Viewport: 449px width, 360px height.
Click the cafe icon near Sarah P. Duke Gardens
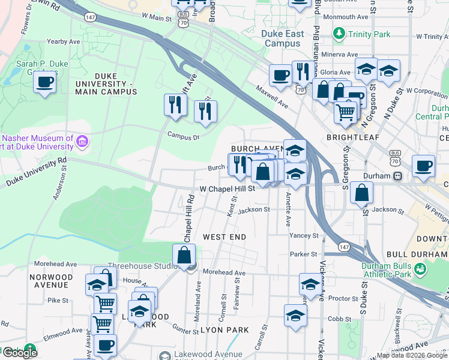pyautogui.click(x=44, y=82)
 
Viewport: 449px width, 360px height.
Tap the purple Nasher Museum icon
pyautogui.click(x=83, y=142)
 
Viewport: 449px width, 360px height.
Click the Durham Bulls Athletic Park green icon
pyautogui.click(x=421, y=270)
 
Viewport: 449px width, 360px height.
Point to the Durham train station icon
pyautogui.click(x=397, y=176)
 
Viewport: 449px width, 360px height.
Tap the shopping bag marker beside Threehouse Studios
pyautogui.click(x=184, y=256)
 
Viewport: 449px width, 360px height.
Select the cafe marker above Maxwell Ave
pyautogui.click(x=280, y=76)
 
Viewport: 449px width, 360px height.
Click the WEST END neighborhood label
pyautogui.click(x=224, y=237)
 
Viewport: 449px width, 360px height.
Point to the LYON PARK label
pyautogui.click(x=224, y=330)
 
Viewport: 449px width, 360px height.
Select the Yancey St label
pyautogui.click(x=304, y=236)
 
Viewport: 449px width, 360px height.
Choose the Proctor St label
pyautogui.click(x=343, y=298)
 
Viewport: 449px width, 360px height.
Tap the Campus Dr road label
pyautogui.click(x=183, y=136)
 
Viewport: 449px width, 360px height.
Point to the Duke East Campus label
pyautogui.click(x=283, y=38)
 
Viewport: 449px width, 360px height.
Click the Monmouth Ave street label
pyautogui.click(x=346, y=17)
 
